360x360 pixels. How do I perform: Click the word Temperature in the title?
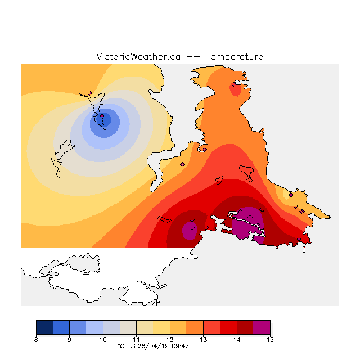234,57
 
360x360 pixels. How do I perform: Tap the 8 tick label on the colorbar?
36,340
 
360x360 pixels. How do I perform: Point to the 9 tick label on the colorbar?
69,340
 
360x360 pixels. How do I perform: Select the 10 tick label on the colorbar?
103,340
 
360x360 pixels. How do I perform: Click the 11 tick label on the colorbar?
136,340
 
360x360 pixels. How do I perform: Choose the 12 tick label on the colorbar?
170,340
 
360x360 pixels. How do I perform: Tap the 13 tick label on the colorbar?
203,340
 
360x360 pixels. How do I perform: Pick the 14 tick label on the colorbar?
237,340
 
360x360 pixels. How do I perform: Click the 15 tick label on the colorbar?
270,340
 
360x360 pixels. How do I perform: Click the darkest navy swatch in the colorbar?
44,327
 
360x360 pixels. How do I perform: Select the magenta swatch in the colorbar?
262,327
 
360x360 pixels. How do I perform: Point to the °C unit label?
120,346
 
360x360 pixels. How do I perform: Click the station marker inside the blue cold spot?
102,116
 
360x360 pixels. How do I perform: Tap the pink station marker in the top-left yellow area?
89,93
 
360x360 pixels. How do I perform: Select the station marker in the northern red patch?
234,84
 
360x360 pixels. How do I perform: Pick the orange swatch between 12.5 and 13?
195,327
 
